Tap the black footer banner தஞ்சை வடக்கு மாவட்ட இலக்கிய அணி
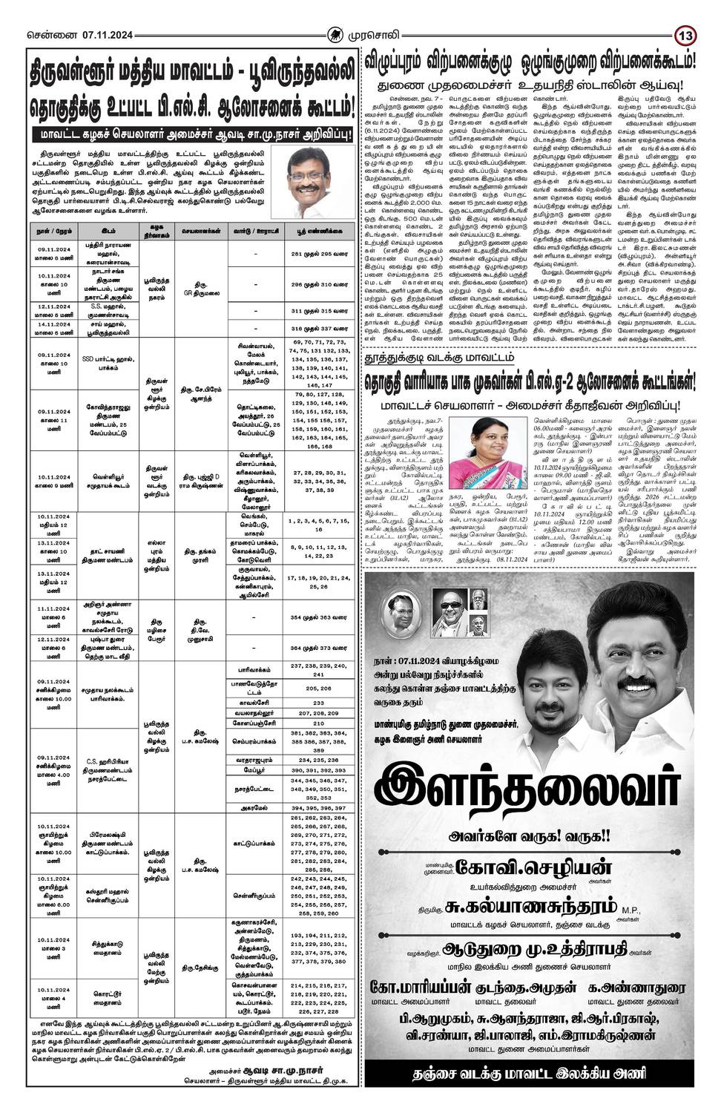coord(530,1074)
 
